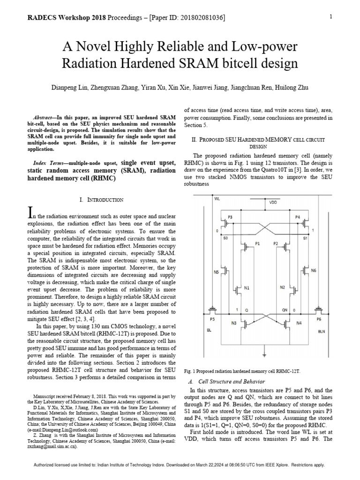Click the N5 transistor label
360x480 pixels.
point(216,272)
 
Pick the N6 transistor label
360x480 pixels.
point(314,270)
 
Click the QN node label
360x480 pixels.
point(284,310)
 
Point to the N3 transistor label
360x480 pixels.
point(234,323)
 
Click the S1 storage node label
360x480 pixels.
point(305,239)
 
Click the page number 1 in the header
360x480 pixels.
point(331,17)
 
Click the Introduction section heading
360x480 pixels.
point(102,200)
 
